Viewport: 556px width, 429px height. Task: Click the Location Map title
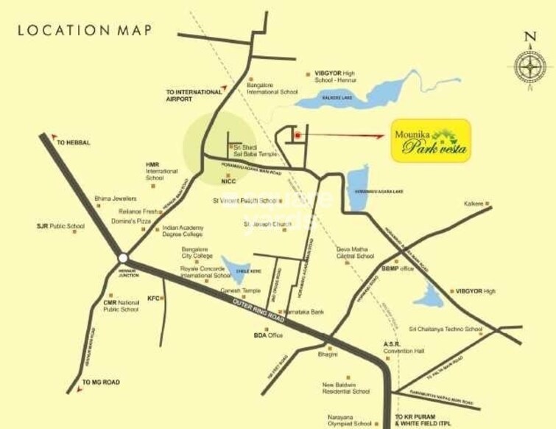[85, 30]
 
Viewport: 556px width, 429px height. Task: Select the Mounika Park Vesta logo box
[430, 141]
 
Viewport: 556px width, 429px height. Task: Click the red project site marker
[297, 135]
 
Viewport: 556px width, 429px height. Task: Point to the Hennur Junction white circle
[123, 258]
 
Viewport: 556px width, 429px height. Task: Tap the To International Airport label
[194, 95]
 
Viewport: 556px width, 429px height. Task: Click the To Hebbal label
[73, 142]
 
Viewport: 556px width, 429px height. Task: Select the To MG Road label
[101, 382]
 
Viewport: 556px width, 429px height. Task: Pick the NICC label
[228, 180]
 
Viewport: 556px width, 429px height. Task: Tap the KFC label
[153, 298]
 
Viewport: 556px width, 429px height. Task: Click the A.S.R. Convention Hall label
[404, 346]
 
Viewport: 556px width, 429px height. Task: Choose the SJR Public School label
[56, 226]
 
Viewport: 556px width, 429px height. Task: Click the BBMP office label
[398, 268]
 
